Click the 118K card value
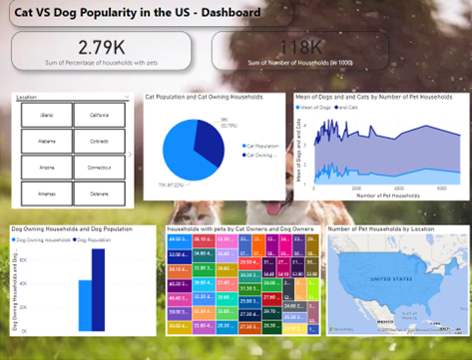coord(300,46)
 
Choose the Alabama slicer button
coord(46,141)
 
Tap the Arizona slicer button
coord(46,168)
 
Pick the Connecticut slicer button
coord(99,168)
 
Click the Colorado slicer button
coord(99,141)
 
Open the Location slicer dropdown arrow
coord(126,98)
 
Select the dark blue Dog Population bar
coord(98,288)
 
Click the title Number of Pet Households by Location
coord(379,228)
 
